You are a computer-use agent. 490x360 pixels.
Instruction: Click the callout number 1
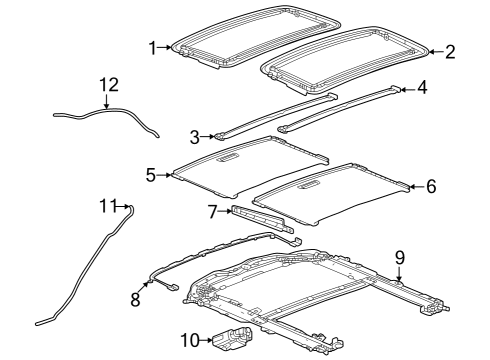[x=152, y=47]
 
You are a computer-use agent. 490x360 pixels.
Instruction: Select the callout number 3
[x=195, y=136]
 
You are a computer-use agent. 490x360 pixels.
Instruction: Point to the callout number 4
[x=421, y=87]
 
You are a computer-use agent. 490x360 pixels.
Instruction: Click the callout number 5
[x=151, y=175]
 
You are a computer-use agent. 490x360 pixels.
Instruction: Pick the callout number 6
[x=431, y=185]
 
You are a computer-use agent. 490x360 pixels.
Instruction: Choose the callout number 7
[x=211, y=210]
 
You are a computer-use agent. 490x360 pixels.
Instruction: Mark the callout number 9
[x=399, y=258]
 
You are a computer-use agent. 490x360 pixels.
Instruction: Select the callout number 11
[x=108, y=205]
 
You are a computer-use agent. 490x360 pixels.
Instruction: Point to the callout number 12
[x=108, y=85]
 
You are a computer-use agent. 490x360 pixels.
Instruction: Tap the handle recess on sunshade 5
[x=228, y=157]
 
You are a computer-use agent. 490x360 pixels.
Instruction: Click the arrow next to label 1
[x=166, y=47]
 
